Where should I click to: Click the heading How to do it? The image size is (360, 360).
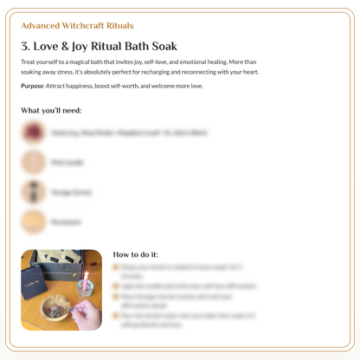tap(135, 254)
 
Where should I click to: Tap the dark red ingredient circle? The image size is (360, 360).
tap(34, 132)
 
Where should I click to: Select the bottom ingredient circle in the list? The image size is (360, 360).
tap(34, 222)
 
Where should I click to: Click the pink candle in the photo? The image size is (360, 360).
tap(86, 286)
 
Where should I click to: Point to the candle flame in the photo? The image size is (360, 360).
tap(86, 275)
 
